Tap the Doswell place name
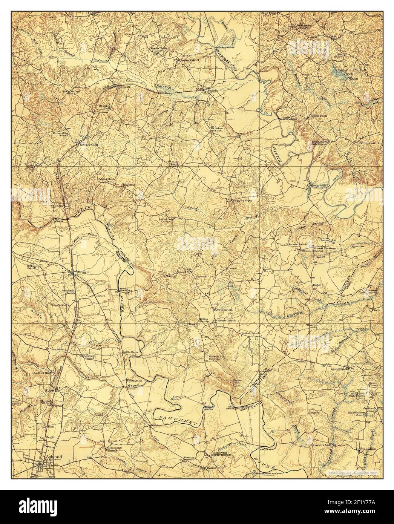(x=77, y=271)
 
